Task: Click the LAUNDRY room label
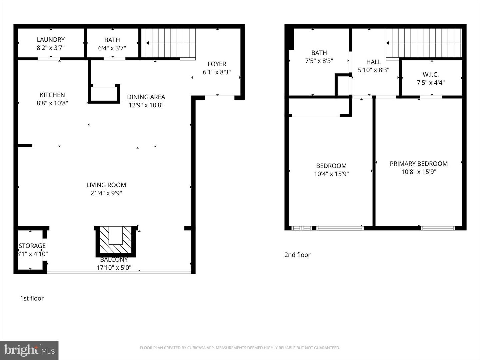click(51, 40)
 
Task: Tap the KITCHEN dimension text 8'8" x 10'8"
click(52, 103)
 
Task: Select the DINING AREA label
click(146, 97)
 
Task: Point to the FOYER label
click(217, 64)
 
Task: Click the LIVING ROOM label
click(106, 185)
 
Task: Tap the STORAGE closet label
click(32, 246)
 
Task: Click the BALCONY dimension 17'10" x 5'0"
click(114, 267)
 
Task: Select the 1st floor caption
click(32, 298)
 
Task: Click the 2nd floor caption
click(297, 255)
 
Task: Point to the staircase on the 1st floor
click(170, 43)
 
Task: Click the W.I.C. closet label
click(431, 75)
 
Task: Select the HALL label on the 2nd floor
click(374, 62)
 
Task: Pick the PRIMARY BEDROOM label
click(419, 164)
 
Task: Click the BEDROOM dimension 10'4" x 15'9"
click(331, 174)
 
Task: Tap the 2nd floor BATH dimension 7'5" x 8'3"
click(319, 61)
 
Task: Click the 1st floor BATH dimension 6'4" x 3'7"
click(112, 48)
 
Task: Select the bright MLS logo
click(29, 350)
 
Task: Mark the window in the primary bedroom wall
click(438, 228)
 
